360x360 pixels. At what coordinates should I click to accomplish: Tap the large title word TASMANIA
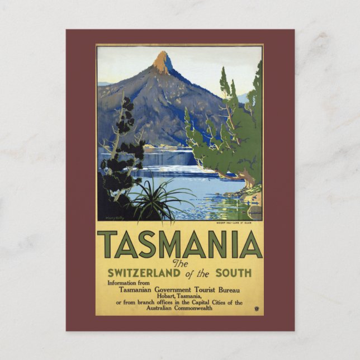(180, 244)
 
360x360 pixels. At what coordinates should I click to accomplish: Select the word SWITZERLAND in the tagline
(148, 273)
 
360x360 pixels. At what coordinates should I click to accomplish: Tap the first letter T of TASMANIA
(107, 244)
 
